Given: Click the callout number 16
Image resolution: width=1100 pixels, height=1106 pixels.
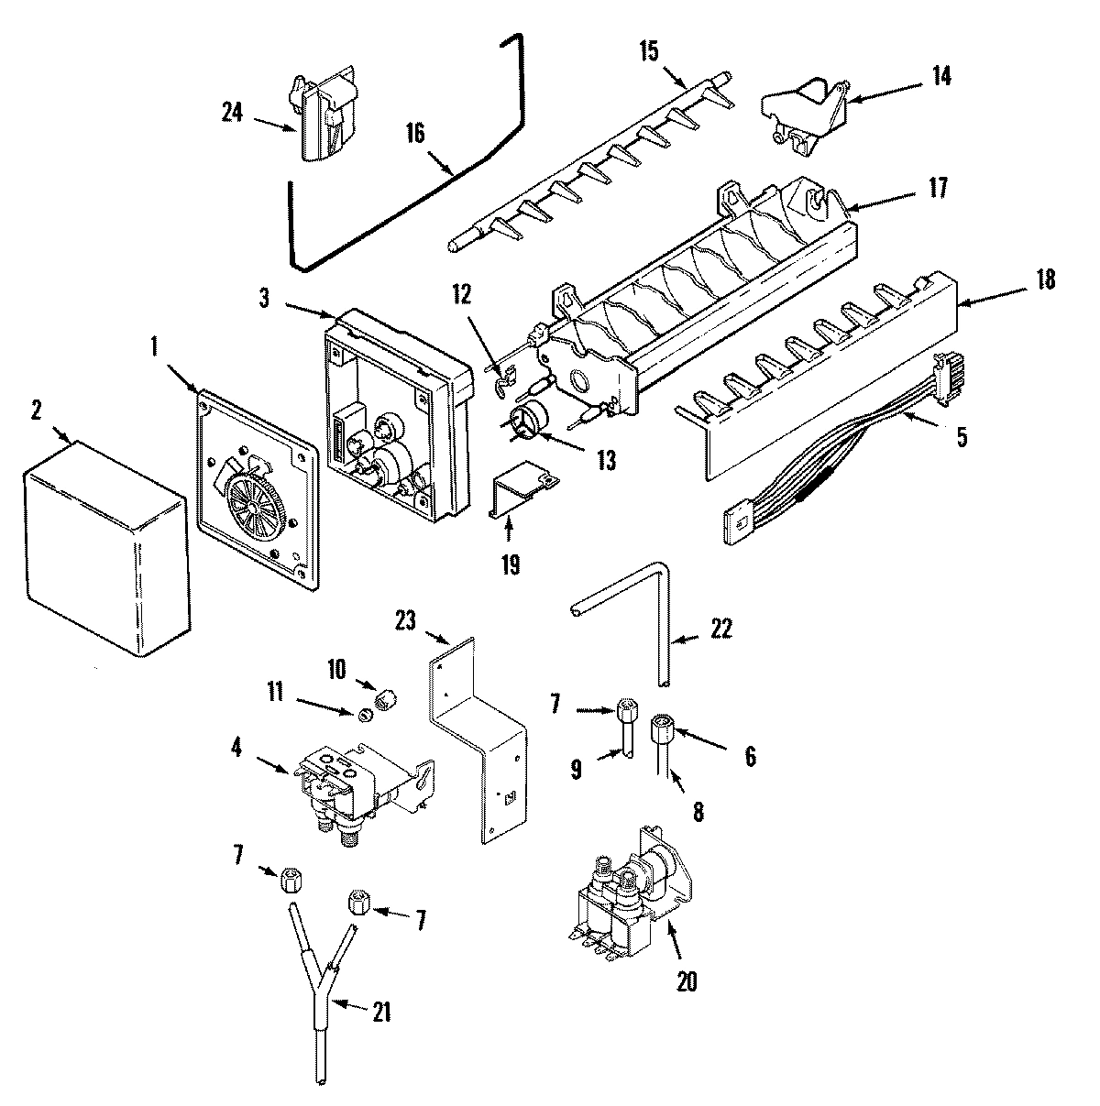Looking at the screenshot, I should [x=414, y=133].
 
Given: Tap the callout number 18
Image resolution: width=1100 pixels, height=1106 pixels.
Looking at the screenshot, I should [x=1043, y=279].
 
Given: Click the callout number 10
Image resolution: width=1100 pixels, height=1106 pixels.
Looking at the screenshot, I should [x=337, y=670].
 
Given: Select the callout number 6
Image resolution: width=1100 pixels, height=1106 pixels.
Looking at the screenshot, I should [x=749, y=757].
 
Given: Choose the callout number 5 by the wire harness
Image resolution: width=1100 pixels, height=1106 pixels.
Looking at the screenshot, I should [x=961, y=437].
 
